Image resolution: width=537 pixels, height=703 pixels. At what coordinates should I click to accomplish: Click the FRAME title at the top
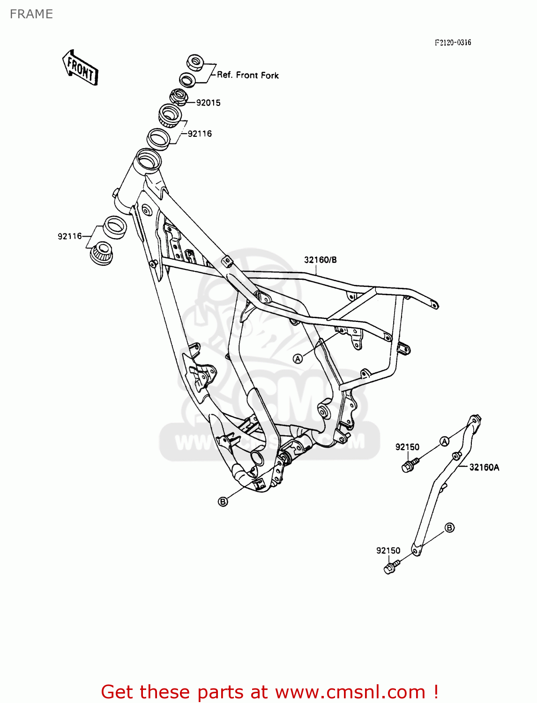click(x=31, y=14)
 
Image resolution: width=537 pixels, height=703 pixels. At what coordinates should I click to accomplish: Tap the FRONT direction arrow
click(x=80, y=67)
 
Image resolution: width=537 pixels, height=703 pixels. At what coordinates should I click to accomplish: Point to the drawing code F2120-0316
click(x=453, y=43)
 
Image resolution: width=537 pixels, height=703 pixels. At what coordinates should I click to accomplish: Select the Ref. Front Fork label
click(x=247, y=75)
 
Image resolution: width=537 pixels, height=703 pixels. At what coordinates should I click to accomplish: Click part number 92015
click(x=208, y=103)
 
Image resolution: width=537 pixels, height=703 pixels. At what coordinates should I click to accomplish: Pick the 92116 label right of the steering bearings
click(x=200, y=134)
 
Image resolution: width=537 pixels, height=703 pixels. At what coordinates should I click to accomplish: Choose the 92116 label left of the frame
click(x=70, y=236)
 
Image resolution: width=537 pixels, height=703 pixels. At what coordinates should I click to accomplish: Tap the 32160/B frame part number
click(x=320, y=260)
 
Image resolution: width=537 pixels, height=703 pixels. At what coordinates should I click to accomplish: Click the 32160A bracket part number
click(x=484, y=467)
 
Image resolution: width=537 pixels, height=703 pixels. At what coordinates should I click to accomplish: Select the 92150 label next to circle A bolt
click(x=407, y=447)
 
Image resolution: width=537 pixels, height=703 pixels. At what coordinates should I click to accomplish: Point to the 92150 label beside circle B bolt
click(x=388, y=551)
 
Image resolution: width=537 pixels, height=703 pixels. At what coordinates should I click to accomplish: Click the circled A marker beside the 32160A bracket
click(x=444, y=441)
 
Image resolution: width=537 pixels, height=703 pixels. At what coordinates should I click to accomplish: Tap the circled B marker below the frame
click(x=223, y=501)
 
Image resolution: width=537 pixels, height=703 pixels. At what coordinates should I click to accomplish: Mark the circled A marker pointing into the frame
click(x=298, y=359)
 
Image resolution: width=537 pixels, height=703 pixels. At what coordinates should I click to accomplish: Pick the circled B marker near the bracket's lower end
click(x=449, y=528)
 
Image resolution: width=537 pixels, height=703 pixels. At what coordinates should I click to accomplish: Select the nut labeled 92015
click(x=179, y=96)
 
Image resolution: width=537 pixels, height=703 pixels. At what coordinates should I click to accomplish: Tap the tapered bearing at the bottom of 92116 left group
click(x=102, y=254)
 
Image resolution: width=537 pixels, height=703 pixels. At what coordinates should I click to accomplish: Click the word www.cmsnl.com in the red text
click(x=350, y=692)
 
